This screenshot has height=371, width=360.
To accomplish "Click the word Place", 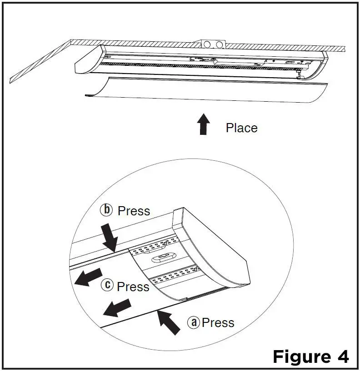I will tap(241, 128).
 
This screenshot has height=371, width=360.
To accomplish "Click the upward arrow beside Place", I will tap(204, 124).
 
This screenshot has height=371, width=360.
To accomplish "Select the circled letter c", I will tap(107, 286).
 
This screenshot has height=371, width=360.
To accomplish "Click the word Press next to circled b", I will tap(134, 211).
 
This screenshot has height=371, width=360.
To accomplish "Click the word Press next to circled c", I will tap(133, 287).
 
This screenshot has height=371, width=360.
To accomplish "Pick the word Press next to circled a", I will tap(218, 322).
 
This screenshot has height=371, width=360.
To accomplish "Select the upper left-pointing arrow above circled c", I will tap(87, 277).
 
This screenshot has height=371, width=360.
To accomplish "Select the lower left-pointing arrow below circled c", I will tap(116, 307).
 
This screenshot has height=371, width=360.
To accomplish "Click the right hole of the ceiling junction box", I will tap(220, 45).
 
